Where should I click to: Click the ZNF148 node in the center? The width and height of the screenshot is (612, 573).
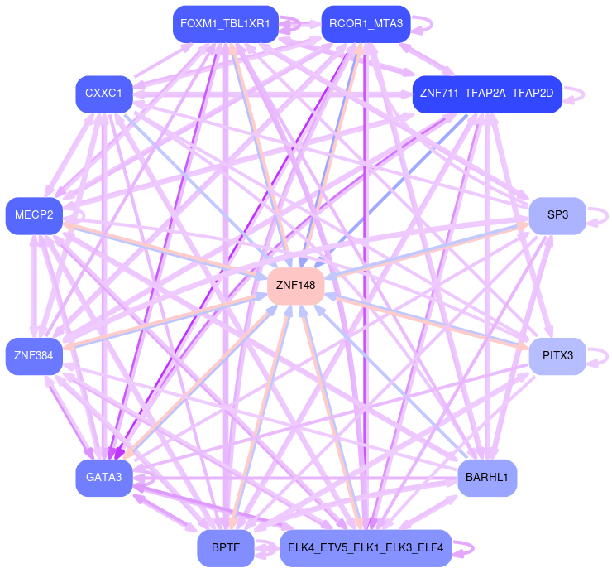tap(296, 285)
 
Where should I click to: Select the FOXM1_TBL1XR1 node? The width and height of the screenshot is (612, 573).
tap(225, 23)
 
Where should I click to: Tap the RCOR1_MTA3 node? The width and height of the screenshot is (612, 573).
tap(366, 23)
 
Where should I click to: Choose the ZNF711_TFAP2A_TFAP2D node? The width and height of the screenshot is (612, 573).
tap(487, 94)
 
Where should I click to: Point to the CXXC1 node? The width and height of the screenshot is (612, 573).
tap(103, 94)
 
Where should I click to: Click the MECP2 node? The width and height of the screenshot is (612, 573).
tap(34, 215)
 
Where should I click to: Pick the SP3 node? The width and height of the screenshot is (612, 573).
tap(557, 215)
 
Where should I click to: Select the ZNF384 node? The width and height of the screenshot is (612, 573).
tap(34, 356)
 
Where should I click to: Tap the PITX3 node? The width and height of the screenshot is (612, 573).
tap(557, 356)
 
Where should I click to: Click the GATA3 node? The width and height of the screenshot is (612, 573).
tap(103, 477)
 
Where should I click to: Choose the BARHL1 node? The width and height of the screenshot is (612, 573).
tap(487, 477)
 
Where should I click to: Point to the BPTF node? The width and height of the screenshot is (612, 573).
tap(225, 548)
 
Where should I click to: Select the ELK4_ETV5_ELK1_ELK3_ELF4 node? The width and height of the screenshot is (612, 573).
tap(366, 548)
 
